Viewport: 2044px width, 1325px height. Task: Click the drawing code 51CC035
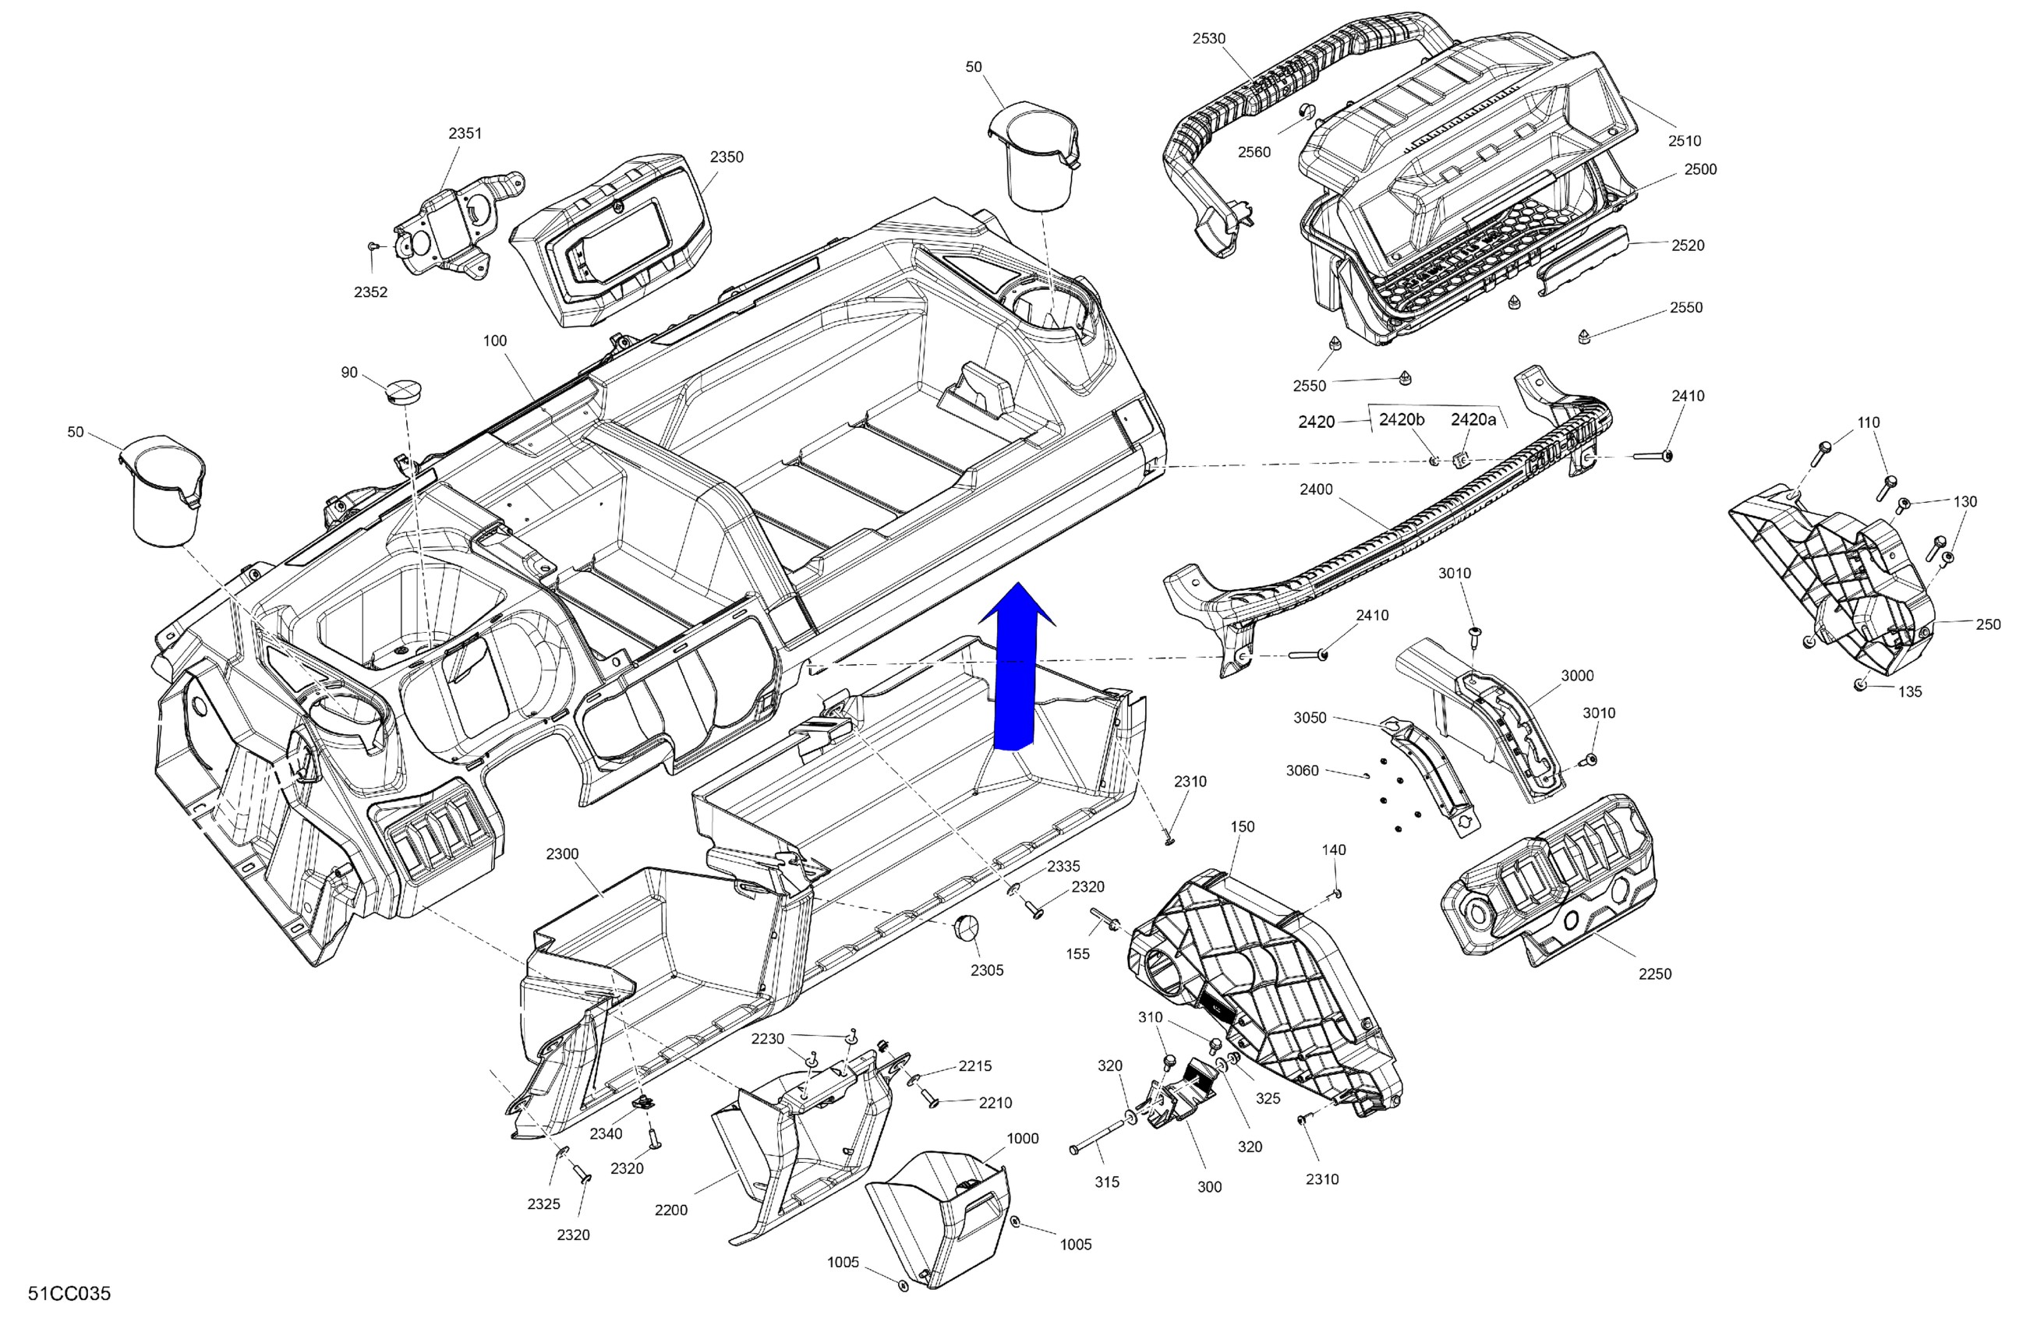click(x=69, y=1294)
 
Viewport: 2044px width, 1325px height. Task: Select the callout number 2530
click(x=1208, y=39)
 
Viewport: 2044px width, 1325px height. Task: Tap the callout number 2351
click(x=465, y=133)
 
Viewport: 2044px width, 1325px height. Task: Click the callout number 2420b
click(x=1402, y=420)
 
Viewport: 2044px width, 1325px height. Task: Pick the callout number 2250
click(x=1655, y=973)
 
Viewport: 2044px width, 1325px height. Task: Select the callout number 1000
click(x=1022, y=1139)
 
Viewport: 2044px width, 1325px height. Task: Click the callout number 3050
click(x=1310, y=718)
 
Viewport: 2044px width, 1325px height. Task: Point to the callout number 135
click(x=1910, y=691)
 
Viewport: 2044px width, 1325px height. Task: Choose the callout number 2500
click(x=1700, y=169)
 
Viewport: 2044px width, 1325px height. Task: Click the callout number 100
click(x=495, y=341)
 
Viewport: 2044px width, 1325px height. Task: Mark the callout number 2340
click(x=606, y=1133)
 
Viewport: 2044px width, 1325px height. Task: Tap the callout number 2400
click(x=1316, y=489)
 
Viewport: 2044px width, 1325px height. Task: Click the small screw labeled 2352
click(x=372, y=246)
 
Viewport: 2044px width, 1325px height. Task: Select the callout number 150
click(x=1242, y=827)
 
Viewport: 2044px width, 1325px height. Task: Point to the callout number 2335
click(x=1063, y=867)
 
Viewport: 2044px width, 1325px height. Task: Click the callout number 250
click(x=1988, y=624)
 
